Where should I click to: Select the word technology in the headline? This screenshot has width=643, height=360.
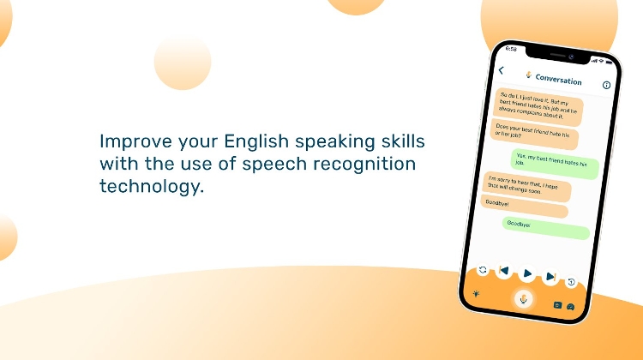pos(153,185)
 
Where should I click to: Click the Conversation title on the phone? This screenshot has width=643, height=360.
pos(558,80)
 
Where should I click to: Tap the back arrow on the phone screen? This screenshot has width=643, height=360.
pos(502,70)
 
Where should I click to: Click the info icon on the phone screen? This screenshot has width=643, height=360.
pos(607,85)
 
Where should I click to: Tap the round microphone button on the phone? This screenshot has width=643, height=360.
pos(523,299)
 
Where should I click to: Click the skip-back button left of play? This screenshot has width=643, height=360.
pos(504,272)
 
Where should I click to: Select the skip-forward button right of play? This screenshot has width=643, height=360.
pos(550,277)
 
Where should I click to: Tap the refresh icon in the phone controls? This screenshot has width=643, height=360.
pos(483,269)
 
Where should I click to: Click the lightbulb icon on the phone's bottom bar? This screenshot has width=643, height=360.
pos(476,294)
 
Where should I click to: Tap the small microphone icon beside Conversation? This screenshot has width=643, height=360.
pos(528,75)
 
